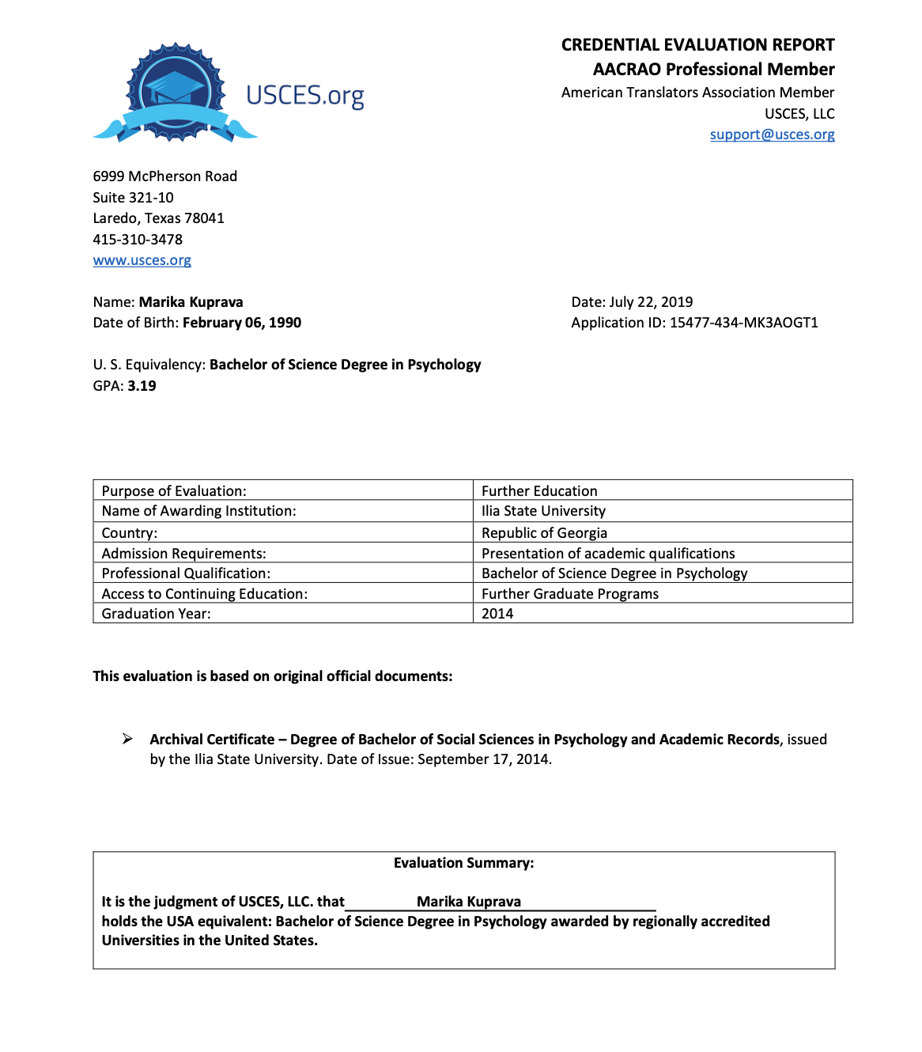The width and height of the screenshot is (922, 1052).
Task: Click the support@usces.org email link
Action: pos(772,134)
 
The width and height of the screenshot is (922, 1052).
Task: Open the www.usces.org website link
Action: pos(142,260)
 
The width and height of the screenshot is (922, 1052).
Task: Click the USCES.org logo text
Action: pos(305,96)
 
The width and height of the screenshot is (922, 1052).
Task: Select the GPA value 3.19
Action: pos(142,386)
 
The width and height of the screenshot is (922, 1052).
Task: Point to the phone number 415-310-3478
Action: pos(138,239)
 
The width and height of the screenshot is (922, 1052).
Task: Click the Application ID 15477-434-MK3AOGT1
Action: pos(743,323)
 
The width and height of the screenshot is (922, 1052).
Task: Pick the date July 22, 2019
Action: pos(651,302)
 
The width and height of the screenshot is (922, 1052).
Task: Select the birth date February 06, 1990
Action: pos(242,323)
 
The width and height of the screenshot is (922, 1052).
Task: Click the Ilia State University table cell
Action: pos(544,511)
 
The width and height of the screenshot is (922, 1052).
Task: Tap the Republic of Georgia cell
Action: pos(545,532)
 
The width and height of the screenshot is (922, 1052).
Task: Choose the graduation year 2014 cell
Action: pos(497,614)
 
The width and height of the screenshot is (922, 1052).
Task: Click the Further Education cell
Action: pos(539,491)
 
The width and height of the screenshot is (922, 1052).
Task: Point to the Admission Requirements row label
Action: pos(184,554)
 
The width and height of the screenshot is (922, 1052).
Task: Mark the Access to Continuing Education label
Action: pos(205,594)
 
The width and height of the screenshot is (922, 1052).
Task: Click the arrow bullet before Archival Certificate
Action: pos(127,739)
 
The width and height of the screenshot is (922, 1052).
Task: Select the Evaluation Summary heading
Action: pos(464,863)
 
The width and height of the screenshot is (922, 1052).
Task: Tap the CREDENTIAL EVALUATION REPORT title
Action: pos(698,45)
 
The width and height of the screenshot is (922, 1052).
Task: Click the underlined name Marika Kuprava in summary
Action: pos(469,902)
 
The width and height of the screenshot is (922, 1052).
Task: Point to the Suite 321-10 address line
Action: pos(133,198)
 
